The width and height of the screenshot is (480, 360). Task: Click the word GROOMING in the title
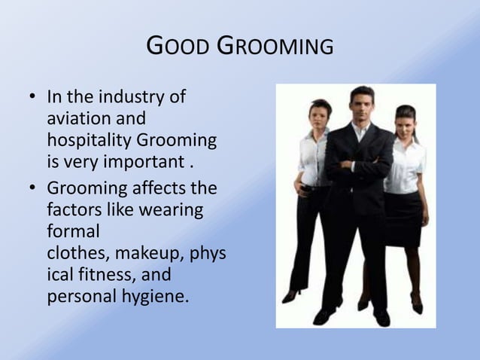[275, 47]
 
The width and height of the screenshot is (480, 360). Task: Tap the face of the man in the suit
[362, 103]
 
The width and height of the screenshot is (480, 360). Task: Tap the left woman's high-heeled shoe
[291, 295]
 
